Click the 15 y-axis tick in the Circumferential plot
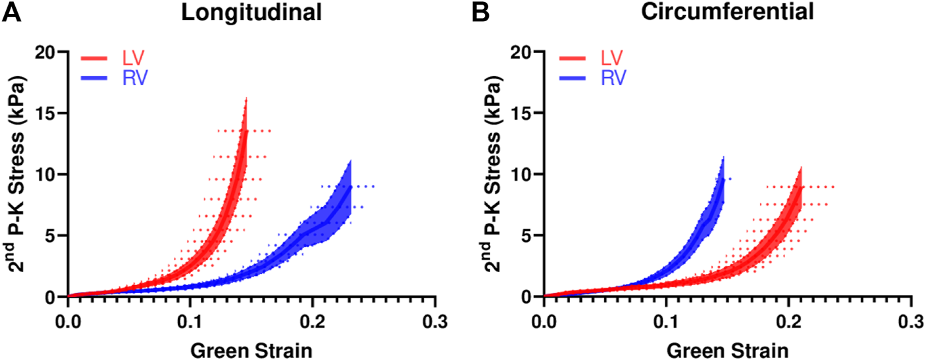(x=525, y=113)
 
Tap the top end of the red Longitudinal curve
(x=246, y=99)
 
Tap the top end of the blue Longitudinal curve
(x=350, y=161)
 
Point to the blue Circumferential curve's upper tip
(x=724, y=158)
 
